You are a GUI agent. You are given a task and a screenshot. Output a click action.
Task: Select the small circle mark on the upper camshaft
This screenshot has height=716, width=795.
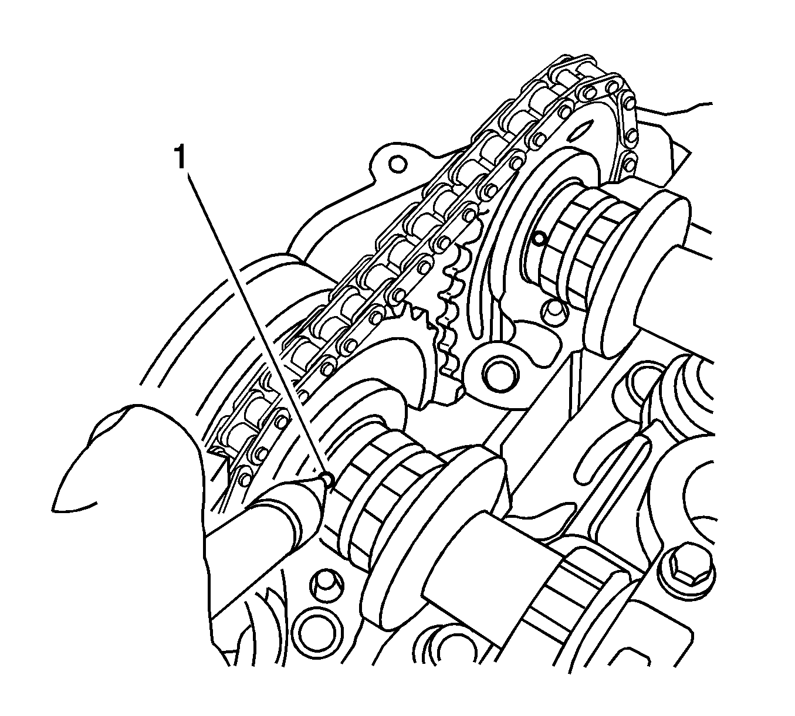tap(539, 239)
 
